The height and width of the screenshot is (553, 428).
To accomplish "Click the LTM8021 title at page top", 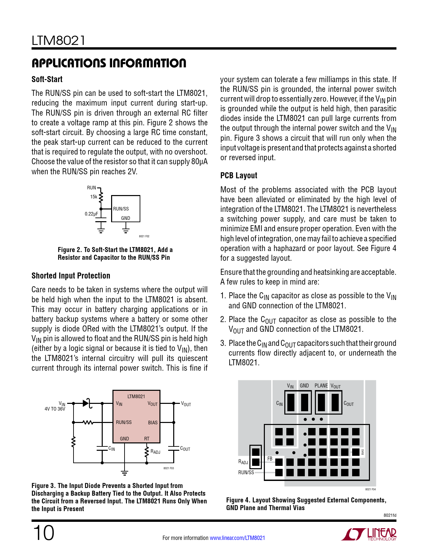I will tap(58, 41).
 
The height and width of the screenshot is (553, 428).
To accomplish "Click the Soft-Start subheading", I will tap(47, 79).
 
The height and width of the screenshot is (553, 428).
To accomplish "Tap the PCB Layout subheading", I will tap(239, 176).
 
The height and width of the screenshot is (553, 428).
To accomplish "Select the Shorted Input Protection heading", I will tap(71, 276).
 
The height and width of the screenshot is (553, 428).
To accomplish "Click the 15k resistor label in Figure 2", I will tap(93, 197).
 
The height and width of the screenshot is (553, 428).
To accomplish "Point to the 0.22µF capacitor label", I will tap(91, 214).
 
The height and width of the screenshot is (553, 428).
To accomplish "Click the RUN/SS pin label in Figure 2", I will tap(121, 209).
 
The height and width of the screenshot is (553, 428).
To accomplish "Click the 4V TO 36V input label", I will tap(55, 409).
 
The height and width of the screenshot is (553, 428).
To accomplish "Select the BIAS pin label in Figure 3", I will tap(153, 423).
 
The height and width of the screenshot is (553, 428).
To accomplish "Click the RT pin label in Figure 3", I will tap(147, 439).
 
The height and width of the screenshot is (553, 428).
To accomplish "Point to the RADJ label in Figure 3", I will tap(155, 452).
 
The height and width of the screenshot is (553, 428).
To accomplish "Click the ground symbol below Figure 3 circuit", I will tap(125, 473).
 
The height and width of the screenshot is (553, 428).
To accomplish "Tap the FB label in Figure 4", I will tap(270, 459).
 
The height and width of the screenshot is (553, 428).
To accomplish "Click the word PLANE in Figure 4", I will tap(321, 386).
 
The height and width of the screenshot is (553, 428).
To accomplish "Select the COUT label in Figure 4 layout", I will tap(348, 404).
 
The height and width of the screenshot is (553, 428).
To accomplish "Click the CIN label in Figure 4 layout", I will tap(279, 404).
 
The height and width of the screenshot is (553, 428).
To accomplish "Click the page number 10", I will tap(43, 533).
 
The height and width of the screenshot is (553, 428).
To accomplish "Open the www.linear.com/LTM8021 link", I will tap(237, 538).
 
